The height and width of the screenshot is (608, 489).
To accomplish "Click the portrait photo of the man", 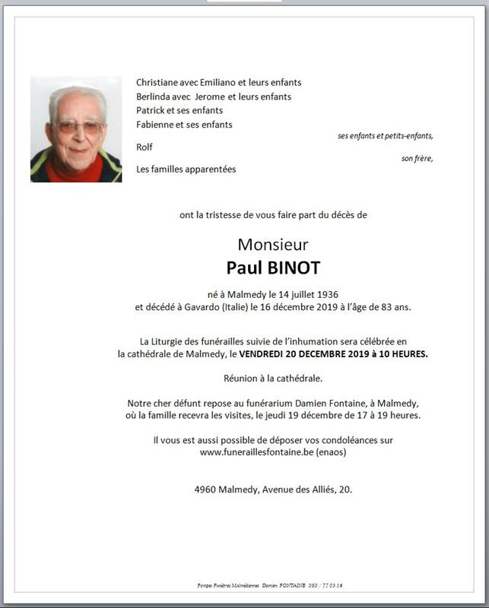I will click(x=76, y=129).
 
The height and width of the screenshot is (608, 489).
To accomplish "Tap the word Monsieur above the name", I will click(x=272, y=245).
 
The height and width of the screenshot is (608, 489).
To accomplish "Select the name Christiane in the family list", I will click(x=158, y=83).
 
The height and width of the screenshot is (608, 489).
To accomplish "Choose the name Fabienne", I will click(x=155, y=125).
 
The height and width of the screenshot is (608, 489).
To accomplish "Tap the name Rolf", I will click(x=144, y=147).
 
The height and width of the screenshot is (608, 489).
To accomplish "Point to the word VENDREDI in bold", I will click(x=267, y=353).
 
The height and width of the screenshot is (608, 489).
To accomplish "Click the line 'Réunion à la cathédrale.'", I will click(x=273, y=378).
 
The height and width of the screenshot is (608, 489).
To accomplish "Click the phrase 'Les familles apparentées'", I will click(x=186, y=169).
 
